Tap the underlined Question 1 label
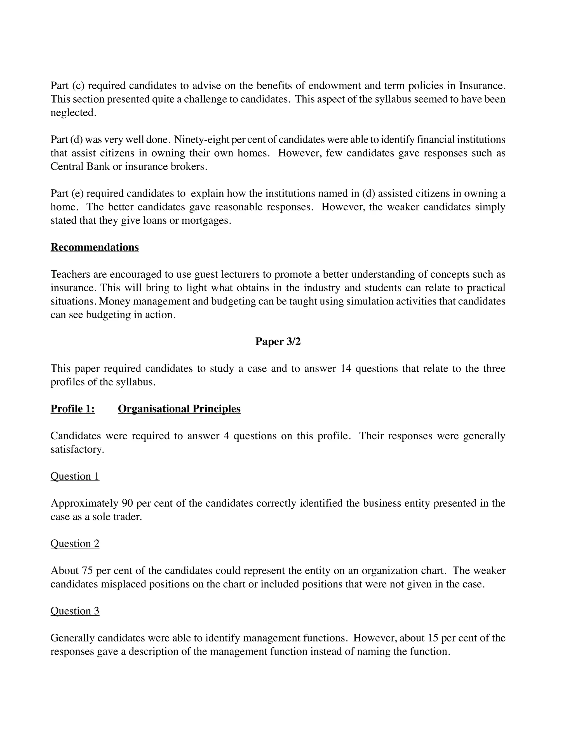click(75, 476)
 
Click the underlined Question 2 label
click(75, 544)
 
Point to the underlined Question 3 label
click(75, 611)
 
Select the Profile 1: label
click(72, 409)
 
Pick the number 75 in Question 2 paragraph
click(87, 571)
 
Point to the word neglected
click(73, 113)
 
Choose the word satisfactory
click(77, 450)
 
